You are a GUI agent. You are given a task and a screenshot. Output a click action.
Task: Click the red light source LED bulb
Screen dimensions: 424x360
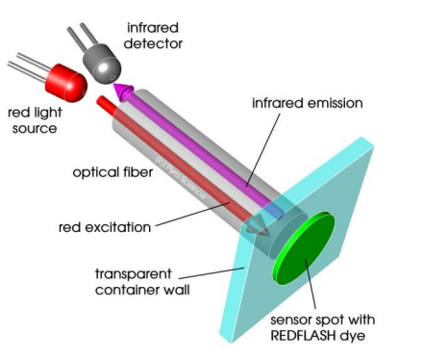tap(66, 83)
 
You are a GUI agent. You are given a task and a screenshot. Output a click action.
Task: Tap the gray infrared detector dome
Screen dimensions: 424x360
tap(102, 64)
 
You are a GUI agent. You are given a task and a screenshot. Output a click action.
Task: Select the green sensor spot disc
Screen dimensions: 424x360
tap(304, 248)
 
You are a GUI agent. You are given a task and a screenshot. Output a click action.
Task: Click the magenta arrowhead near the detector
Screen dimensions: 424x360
tap(123, 91)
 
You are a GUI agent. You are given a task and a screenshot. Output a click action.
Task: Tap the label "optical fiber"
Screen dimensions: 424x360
tap(112, 172)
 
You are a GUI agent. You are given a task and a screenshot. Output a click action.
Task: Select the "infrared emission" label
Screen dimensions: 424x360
tap(308, 103)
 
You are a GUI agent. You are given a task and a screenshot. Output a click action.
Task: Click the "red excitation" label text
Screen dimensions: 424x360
tap(105, 227)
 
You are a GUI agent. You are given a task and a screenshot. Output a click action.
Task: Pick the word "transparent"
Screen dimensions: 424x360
tap(134, 274)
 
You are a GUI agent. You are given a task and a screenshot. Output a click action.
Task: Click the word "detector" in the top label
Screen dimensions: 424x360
tap(153, 43)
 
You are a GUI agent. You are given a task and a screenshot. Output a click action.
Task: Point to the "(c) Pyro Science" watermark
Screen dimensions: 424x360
tap(180, 177)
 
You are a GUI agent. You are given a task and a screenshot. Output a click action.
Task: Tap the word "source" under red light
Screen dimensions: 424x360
tap(35, 129)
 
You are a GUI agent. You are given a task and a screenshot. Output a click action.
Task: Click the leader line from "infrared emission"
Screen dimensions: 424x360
tap(262, 149)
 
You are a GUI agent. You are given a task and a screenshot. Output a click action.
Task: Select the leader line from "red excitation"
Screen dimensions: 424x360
tap(192, 214)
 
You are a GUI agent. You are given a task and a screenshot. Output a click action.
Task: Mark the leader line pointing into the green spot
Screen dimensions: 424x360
tap(311, 284)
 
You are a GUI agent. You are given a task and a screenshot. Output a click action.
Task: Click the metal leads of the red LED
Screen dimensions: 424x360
tap(29, 66)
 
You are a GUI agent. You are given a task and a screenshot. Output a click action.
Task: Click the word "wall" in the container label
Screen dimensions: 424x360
tap(177, 290)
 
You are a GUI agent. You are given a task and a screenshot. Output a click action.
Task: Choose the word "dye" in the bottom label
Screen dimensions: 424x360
tap(356, 337)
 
